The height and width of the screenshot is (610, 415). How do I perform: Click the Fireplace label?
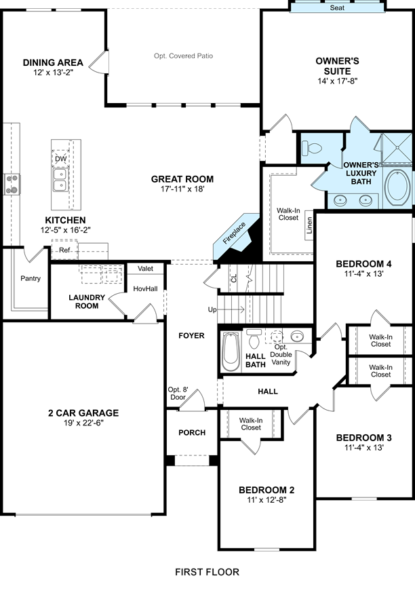pos(234,233)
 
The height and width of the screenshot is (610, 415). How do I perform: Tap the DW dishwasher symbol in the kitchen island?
pos(60,159)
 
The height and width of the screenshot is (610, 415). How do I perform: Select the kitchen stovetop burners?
pos(12,184)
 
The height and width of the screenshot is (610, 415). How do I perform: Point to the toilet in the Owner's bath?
pos(312,148)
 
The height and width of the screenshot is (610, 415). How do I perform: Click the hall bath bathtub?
pos(231,351)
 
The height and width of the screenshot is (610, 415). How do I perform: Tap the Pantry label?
pos(31,279)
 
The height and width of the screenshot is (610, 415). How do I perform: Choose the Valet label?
pos(146,269)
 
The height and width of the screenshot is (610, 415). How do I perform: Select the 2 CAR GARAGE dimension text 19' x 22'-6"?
pos(83,423)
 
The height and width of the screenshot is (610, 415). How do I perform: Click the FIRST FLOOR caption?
pos(207,572)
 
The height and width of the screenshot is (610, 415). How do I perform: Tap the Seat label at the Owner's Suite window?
pos(337,7)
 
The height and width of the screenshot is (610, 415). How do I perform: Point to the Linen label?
pos(309,225)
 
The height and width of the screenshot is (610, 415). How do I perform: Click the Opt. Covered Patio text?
pos(183,56)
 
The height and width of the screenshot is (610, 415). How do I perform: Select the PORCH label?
pos(192,433)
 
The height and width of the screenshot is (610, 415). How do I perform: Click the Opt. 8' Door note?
pos(178,394)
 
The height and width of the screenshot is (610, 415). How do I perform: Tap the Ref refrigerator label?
pos(64,250)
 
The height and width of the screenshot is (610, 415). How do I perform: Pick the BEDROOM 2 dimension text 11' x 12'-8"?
pos(266,500)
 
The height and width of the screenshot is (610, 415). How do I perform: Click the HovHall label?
pos(146,288)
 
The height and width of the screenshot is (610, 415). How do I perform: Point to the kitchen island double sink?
pos(60,180)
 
